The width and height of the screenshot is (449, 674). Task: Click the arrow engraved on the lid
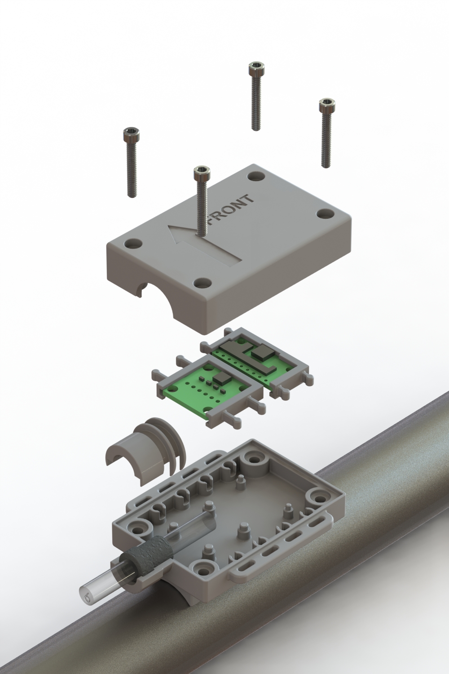click(x=204, y=241)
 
